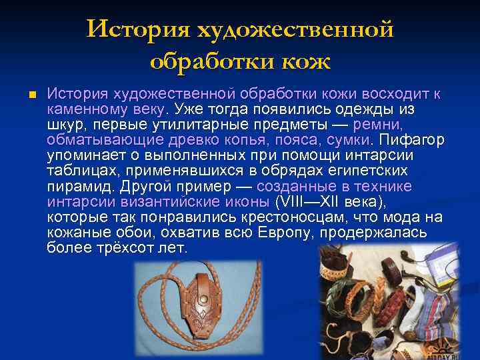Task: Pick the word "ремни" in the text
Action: pos(376,125)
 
